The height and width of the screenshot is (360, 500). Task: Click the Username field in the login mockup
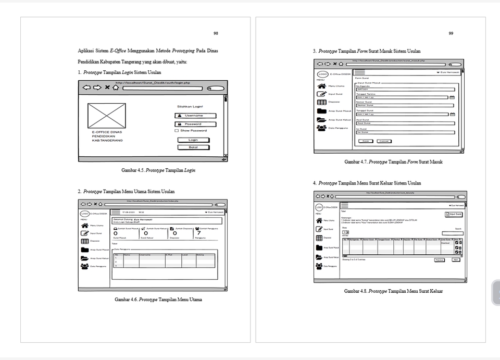[192, 116]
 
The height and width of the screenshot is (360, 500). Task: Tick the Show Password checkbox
[177, 131]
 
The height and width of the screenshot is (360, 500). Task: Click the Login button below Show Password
[193, 140]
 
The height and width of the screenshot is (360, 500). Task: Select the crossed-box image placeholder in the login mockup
[107, 116]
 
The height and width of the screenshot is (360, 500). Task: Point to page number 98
[216, 33]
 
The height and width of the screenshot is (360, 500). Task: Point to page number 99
[451, 33]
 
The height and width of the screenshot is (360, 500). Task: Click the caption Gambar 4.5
[158, 170]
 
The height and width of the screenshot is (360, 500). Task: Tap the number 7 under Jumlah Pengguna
[198, 233]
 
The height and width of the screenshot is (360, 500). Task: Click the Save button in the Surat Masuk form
[366, 141]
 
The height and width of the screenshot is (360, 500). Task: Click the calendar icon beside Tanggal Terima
[452, 97]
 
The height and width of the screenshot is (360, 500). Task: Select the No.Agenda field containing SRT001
[404, 89]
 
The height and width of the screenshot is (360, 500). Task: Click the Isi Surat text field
[404, 132]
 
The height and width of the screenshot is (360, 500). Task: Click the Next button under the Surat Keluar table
[456, 259]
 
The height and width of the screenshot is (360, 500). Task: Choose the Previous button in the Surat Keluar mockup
[440, 259]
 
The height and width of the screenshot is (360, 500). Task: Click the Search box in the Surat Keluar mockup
[452, 233]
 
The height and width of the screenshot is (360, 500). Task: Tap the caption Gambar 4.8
[393, 291]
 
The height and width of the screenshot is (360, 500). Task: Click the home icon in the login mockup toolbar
[115, 88]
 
